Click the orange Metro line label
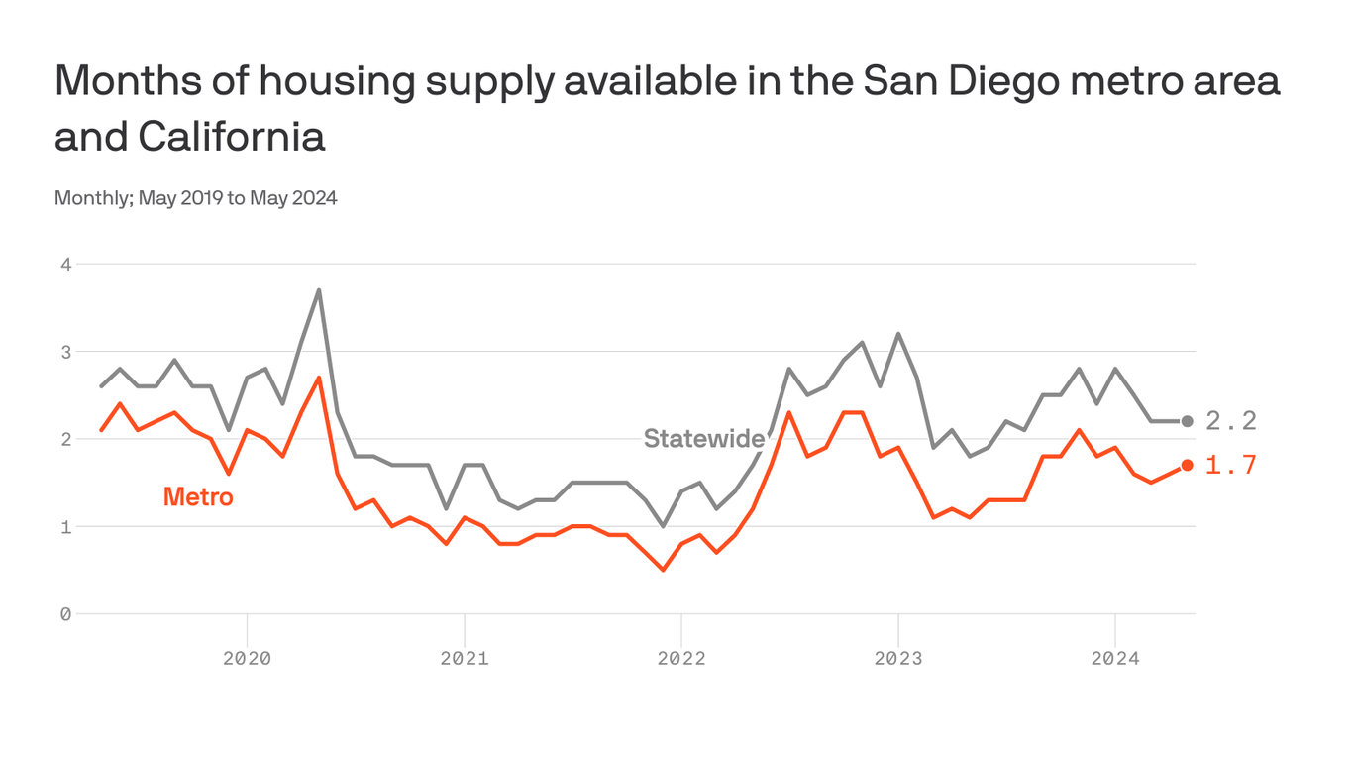(198, 496)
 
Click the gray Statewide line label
(703, 438)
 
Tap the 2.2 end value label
(1231, 421)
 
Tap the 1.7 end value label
(1231, 465)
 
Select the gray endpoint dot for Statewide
(1187, 421)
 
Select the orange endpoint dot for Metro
(1187, 465)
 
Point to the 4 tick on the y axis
(65, 265)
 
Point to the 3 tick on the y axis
(65, 352)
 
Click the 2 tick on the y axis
(65, 439)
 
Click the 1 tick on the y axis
(65, 526)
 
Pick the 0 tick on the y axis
(65, 614)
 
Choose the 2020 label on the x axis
(247, 658)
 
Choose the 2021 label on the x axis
(464, 658)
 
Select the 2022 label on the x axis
(681, 658)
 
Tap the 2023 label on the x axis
(898, 658)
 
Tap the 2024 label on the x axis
(1115, 658)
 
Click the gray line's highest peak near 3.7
(319, 290)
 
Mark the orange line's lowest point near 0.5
(663, 570)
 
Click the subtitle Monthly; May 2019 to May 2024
(196, 198)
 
